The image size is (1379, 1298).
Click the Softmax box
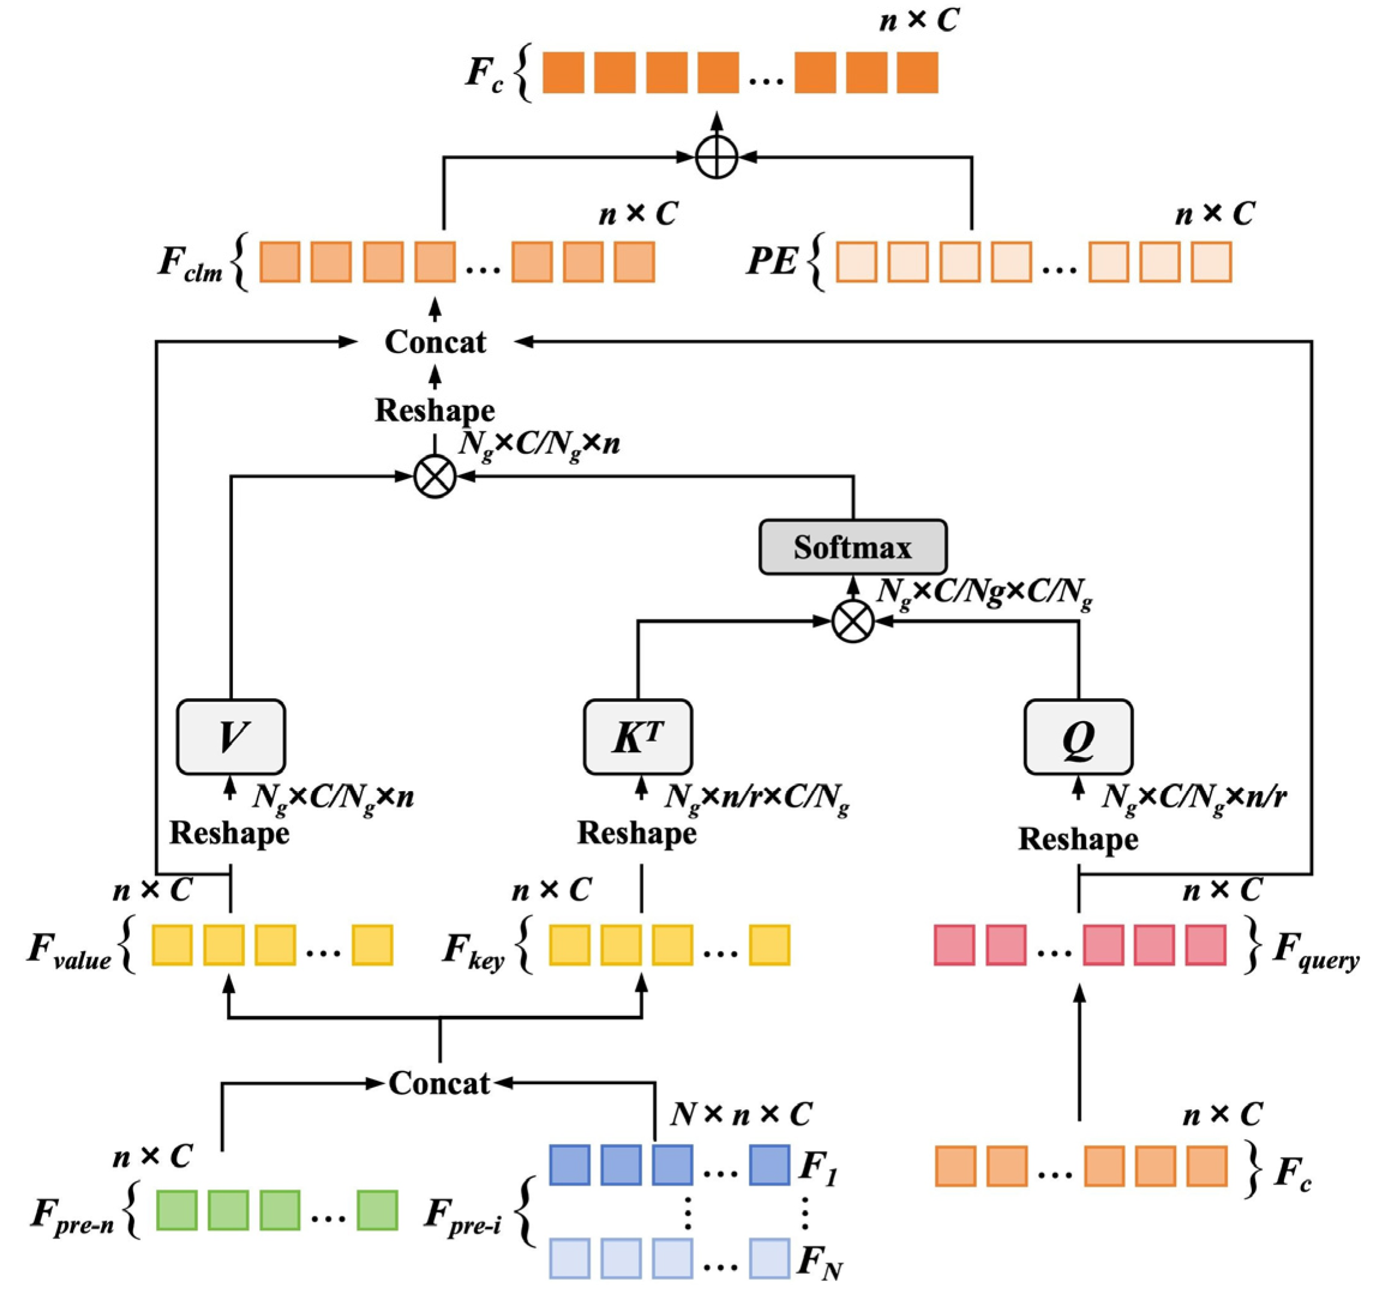(852, 548)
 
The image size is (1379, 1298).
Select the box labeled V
(231, 737)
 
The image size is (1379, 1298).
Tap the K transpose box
(638, 737)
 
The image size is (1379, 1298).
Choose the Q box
(1078, 737)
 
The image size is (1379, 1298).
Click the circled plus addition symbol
(717, 157)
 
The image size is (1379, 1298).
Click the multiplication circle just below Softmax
(852, 621)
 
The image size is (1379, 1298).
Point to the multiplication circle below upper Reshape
(435, 477)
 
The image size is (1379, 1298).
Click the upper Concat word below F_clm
(436, 342)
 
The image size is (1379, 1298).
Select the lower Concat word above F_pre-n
(439, 1083)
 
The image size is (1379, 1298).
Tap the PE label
(771, 262)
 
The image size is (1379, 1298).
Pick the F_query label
(1315, 950)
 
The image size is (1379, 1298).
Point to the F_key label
(474, 950)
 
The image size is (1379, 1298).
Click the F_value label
(70, 950)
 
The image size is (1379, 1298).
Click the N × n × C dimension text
(740, 1115)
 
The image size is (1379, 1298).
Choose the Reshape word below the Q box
(1078, 839)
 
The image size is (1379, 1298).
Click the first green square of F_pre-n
(176, 1210)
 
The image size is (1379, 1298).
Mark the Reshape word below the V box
(229, 833)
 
